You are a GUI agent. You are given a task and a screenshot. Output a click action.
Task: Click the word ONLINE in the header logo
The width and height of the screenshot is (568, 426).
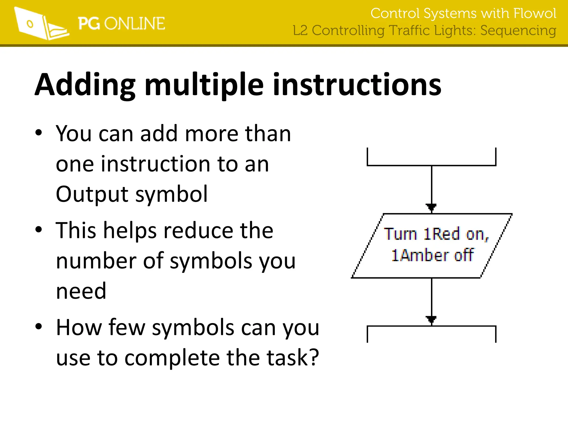pos(135,24)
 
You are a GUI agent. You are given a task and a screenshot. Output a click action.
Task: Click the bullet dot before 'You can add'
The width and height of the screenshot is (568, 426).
pos(39,133)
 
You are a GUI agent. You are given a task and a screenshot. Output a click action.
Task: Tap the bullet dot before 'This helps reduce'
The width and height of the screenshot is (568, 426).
pos(39,229)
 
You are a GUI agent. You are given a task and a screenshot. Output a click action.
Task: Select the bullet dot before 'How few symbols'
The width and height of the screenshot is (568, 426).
pos(39,326)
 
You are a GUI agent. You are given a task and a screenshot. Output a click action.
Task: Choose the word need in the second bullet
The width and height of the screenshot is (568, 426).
pos(81,291)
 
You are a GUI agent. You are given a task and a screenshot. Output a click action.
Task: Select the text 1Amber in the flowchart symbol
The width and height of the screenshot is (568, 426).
pos(419,255)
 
